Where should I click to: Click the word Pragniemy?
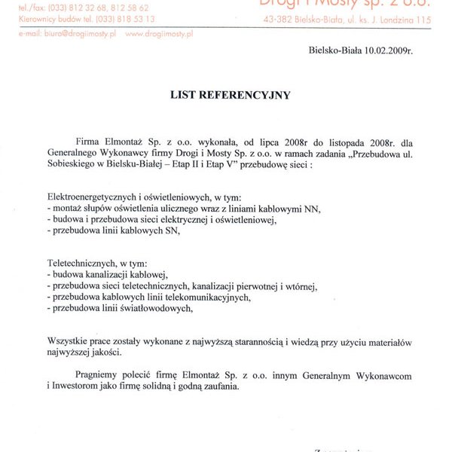point(99,375)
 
